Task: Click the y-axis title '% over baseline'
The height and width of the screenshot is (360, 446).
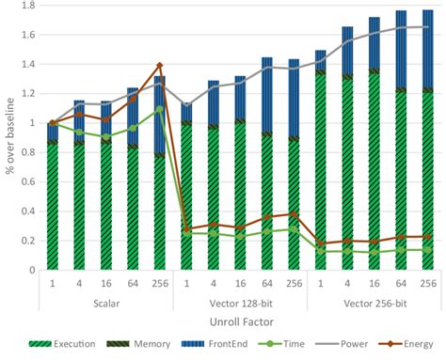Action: click(x=8, y=139)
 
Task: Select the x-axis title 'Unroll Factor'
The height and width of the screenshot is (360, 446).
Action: click(x=239, y=322)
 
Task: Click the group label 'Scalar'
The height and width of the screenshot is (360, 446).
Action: click(x=105, y=304)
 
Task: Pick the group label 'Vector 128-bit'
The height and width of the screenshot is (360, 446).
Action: click(x=239, y=304)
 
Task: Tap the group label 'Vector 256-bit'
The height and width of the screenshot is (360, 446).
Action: click(x=374, y=304)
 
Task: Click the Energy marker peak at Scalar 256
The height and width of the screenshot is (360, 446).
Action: click(x=159, y=66)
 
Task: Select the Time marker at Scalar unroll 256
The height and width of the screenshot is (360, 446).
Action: click(x=159, y=109)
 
